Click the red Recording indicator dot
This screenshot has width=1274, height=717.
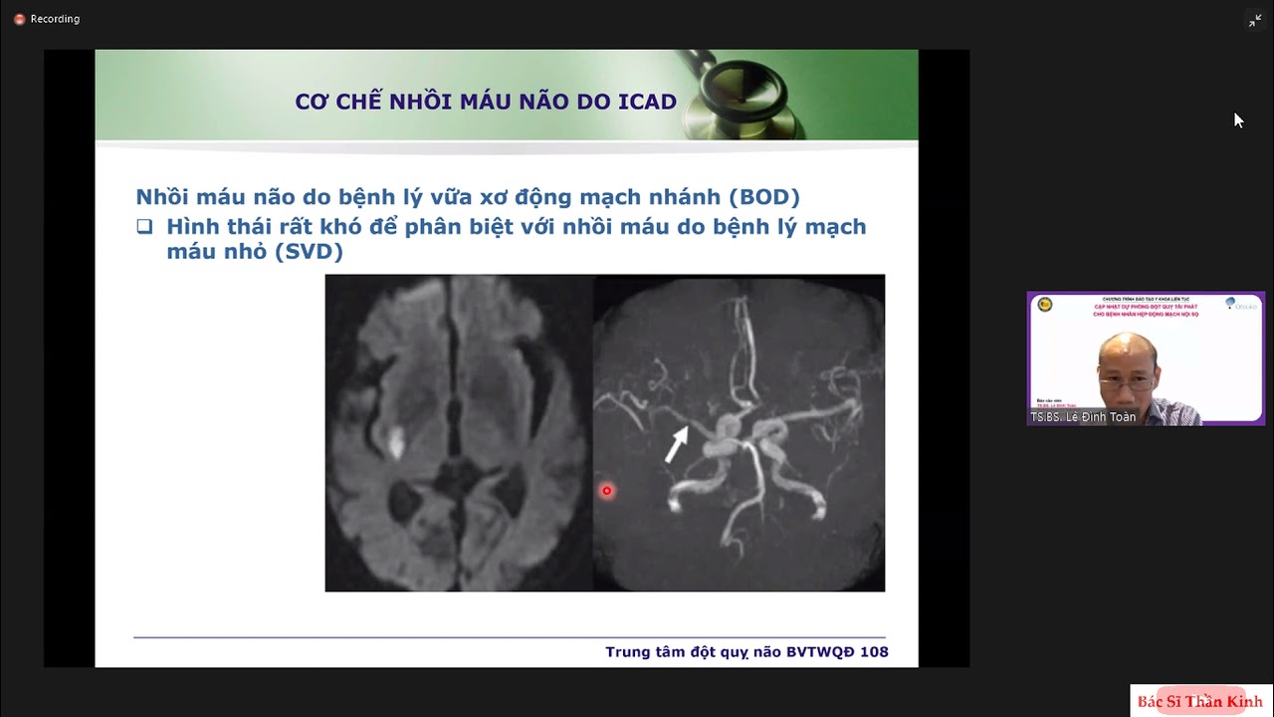click(x=19, y=19)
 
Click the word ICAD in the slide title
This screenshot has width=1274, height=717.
click(x=647, y=102)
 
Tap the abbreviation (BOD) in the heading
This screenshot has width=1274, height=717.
click(x=763, y=197)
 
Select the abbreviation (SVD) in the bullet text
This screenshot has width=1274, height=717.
click(x=309, y=252)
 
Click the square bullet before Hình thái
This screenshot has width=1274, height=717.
click(x=145, y=227)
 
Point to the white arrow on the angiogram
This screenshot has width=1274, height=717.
click(x=676, y=444)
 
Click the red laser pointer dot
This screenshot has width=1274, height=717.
click(x=606, y=491)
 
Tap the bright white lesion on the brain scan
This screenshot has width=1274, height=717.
click(x=394, y=441)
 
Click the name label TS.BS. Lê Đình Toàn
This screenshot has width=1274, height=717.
click(x=1083, y=417)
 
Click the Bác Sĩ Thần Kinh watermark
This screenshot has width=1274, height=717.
click(x=1199, y=701)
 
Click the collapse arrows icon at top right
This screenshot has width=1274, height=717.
click(x=1254, y=21)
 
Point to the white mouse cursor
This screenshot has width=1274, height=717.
click(x=1238, y=119)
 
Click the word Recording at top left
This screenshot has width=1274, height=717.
click(x=55, y=19)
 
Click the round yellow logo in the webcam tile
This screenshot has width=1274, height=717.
click(x=1044, y=304)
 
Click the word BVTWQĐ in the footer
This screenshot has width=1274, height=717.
click(x=820, y=652)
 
